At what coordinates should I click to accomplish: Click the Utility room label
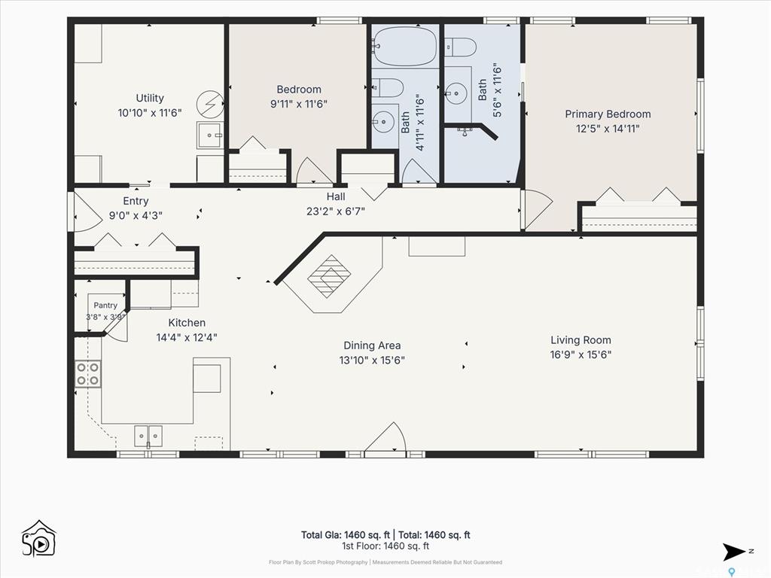[150, 98]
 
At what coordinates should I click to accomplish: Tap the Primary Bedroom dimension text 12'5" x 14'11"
[608, 129]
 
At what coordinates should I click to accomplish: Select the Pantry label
[105, 306]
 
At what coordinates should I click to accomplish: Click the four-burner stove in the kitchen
[88, 373]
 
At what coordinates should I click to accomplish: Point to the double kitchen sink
[148, 436]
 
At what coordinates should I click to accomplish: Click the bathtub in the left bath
[404, 47]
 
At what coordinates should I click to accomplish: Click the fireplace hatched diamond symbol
[330, 276]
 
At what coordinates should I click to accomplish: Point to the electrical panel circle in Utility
[210, 104]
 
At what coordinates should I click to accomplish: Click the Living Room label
[581, 340]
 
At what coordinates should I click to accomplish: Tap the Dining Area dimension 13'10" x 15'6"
[372, 360]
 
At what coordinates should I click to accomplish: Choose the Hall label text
[336, 196]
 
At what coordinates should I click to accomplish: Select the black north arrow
[733, 552]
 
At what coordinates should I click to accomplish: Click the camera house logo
[39, 539]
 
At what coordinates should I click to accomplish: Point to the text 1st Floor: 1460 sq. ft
[385, 546]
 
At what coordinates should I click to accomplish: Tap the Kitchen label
[187, 323]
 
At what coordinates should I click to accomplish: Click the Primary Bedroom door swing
[538, 210]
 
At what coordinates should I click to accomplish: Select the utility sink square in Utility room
[210, 135]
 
